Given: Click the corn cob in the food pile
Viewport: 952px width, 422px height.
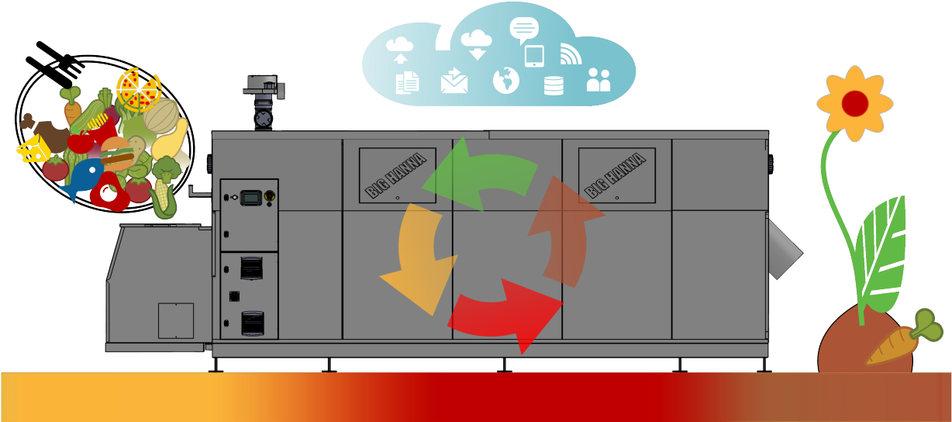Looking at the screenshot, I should coord(164,199).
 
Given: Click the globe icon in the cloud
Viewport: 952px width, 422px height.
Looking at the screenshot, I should coord(505,79).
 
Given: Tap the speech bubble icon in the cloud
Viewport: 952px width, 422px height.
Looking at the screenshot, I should coord(523,29).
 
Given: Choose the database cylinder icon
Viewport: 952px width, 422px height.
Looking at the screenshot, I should coord(554,85).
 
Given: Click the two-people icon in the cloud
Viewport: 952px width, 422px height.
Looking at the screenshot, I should coord(598,80).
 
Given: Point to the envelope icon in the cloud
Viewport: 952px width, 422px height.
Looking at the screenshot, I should coord(454,81).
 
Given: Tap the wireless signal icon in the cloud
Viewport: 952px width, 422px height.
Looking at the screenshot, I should coord(570,54).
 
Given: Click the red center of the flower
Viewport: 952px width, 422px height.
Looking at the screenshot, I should coord(854,102).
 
